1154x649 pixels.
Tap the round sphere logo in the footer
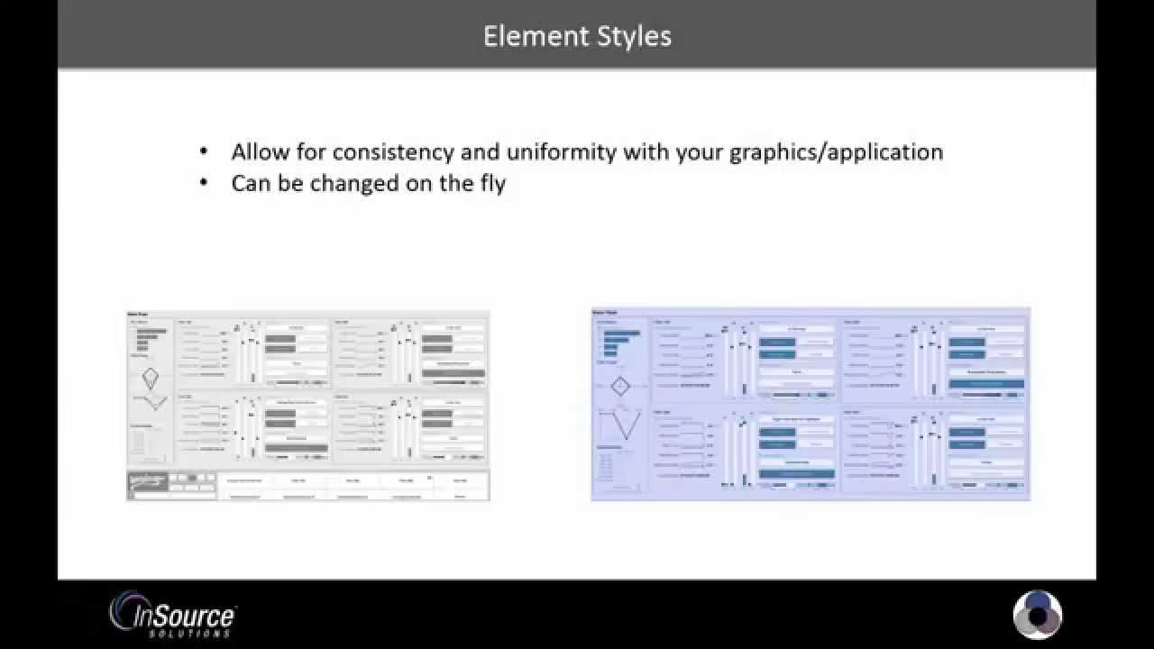point(1038,615)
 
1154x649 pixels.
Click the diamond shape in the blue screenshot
point(619,387)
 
